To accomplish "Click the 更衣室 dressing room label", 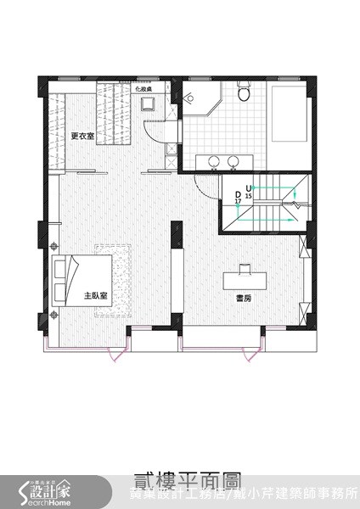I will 82,136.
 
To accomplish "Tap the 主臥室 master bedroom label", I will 94,296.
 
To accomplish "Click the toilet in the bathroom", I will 245,92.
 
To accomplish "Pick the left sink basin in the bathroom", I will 213,160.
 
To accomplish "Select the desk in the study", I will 246,280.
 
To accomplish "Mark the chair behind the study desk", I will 245,267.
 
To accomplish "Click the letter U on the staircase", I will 249,187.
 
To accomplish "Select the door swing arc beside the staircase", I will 204,182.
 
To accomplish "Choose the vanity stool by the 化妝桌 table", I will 147,103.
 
